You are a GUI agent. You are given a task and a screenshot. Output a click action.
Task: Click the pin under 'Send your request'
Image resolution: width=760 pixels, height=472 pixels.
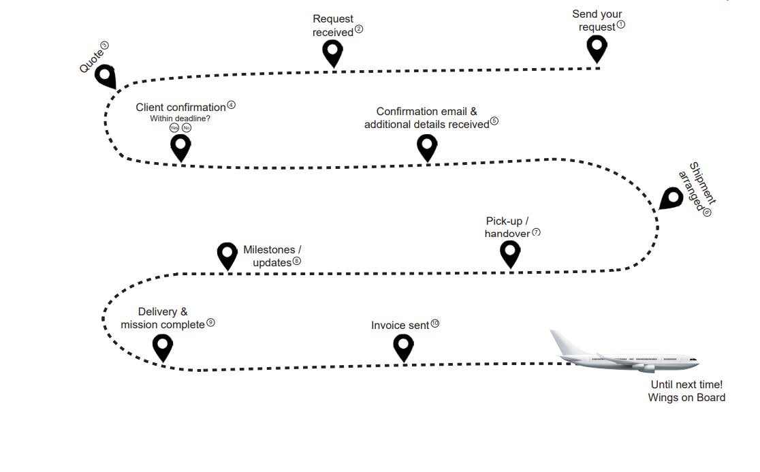click(x=597, y=48)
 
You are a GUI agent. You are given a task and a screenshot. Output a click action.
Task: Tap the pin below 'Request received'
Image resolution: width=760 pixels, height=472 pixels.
click(x=332, y=52)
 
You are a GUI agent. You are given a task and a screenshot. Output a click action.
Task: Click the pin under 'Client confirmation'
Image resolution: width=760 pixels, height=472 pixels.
click(x=180, y=146)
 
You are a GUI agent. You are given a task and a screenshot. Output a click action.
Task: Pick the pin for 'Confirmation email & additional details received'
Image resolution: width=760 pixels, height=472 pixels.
click(x=427, y=146)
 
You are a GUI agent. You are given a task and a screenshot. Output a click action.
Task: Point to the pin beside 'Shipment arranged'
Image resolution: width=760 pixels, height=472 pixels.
click(x=671, y=199)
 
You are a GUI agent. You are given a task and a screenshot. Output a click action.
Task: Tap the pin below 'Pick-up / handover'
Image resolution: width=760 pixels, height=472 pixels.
click(x=510, y=253)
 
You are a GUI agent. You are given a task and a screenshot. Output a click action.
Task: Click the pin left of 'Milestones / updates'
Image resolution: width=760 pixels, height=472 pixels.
click(x=227, y=255)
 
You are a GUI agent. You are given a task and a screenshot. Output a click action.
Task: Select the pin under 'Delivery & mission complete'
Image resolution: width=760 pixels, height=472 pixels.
click(x=162, y=346)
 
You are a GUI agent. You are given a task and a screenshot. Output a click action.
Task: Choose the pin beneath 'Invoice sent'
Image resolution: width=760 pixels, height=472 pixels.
click(x=403, y=346)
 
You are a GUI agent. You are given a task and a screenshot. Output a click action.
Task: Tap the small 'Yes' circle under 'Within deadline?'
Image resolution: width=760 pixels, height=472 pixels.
click(x=174, y=128)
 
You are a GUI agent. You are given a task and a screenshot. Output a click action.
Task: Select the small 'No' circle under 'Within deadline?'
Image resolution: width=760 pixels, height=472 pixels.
click(x=187, y=128)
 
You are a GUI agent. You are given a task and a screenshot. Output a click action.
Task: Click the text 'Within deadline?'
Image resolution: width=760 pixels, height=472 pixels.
click(x=180, y=119)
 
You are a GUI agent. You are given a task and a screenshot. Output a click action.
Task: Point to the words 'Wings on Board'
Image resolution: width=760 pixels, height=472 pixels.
click(x=686, y=398)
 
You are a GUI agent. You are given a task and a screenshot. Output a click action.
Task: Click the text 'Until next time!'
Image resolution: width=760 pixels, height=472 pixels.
click(x=686, y=385)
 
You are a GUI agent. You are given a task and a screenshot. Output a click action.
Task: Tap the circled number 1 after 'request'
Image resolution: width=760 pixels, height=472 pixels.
click(x=620, y=25)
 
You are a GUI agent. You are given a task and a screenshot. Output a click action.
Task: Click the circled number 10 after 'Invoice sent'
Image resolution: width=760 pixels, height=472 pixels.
click(x=435, y=324)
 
